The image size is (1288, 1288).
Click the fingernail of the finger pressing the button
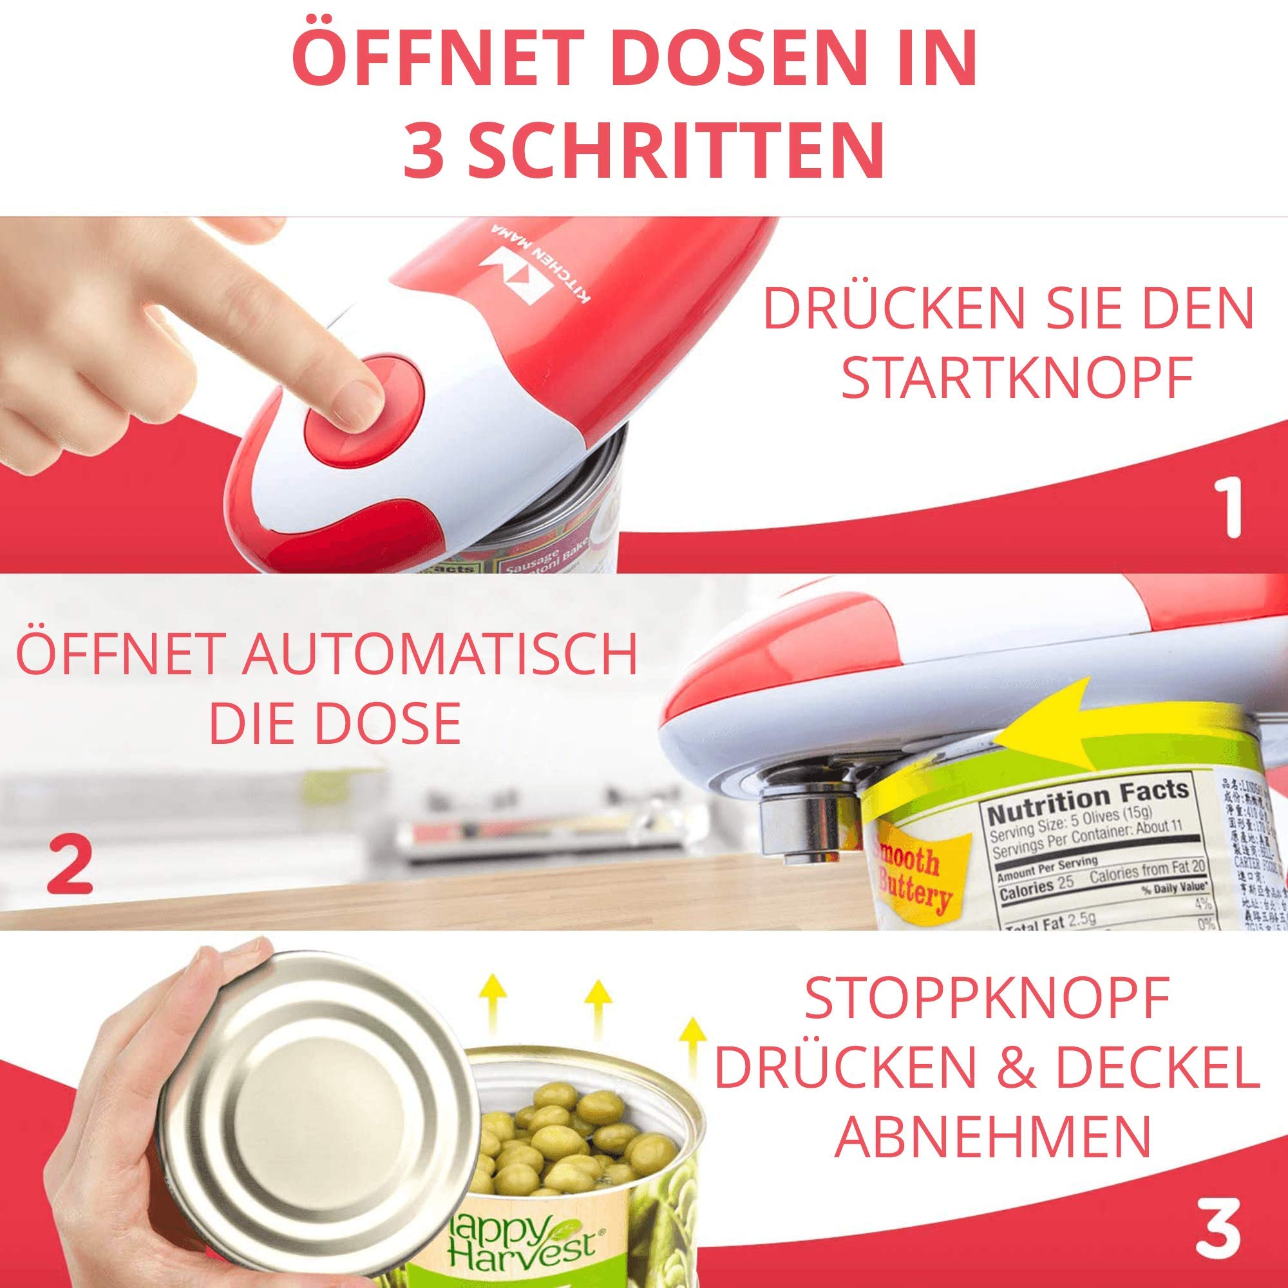click(x=357, y=399)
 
